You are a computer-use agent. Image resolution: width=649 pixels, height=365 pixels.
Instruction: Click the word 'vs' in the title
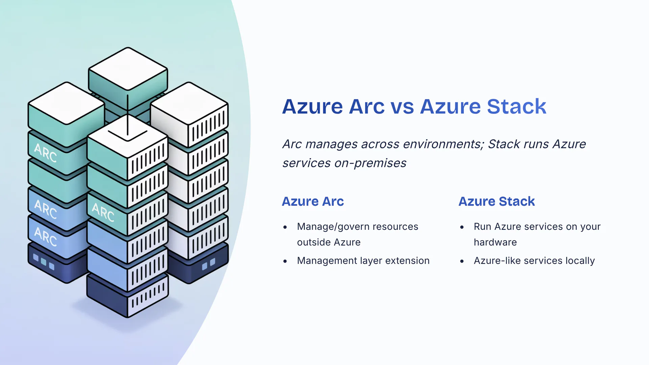tap(402, 107)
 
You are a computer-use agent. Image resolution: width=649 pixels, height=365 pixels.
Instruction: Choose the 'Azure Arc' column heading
tap(313, 201)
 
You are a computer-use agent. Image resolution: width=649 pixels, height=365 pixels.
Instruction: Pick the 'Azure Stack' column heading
tap(497, 201)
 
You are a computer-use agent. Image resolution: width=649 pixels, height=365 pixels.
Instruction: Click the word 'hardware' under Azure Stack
tap(495, 242)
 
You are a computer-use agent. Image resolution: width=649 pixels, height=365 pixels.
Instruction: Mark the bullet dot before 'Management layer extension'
tap(285, 261)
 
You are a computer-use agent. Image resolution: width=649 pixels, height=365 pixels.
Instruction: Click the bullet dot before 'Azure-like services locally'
tap(462, 261)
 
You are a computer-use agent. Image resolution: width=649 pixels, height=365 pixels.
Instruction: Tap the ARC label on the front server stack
tap(103, 212)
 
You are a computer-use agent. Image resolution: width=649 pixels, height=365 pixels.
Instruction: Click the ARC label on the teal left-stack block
tap(45, 153)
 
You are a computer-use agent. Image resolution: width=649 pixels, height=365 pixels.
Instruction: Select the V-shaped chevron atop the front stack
tap(127, 135)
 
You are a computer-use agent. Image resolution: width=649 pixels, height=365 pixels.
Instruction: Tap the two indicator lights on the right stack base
tap(208, 264)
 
